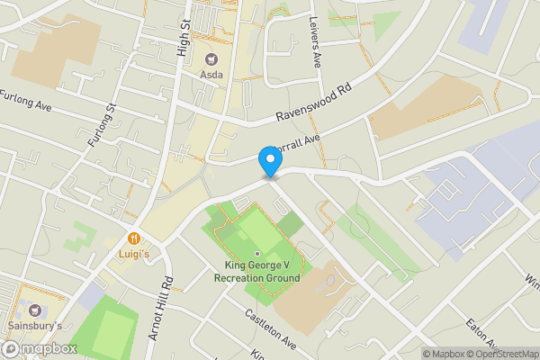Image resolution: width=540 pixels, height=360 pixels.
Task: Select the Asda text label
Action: (x=212, y=75)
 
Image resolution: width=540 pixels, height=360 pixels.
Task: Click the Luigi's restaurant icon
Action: (x=133, y=238)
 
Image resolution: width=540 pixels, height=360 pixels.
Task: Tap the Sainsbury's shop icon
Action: (x=38, y=310)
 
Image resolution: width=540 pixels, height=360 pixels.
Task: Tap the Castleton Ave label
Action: (x=269, y=329)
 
